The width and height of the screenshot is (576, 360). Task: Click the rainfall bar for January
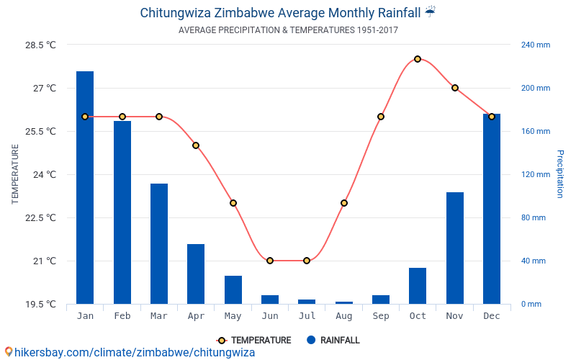(x=85, y=187)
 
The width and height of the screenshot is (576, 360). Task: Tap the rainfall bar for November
(x=455, y=248)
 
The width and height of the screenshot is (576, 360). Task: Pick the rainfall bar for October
(x=418, y=286)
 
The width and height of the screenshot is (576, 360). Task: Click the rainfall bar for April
(x=196, y=274)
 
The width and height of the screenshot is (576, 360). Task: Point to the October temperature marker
(x=418, y=59)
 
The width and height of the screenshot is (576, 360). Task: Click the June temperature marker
(x=270, y=261)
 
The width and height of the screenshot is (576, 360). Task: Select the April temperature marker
(x=196, y=145)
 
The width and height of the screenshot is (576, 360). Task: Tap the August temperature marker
(x=344, y=203)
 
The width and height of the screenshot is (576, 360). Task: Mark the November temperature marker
(x=455, y=88)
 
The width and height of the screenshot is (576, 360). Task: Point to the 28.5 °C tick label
(x=40, y=45)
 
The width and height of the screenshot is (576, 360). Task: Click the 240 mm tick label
(x=535, y=45)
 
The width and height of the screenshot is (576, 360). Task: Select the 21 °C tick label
(x=45, y=261)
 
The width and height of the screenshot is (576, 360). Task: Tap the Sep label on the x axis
(x=381, y=316)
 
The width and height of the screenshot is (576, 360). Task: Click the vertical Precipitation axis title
(x=560, y=174)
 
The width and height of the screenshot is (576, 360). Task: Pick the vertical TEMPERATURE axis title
(x=14, y=174)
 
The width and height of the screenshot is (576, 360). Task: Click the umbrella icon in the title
(x=430, y=12)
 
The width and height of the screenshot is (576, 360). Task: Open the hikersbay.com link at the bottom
(x=134, y=352)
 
